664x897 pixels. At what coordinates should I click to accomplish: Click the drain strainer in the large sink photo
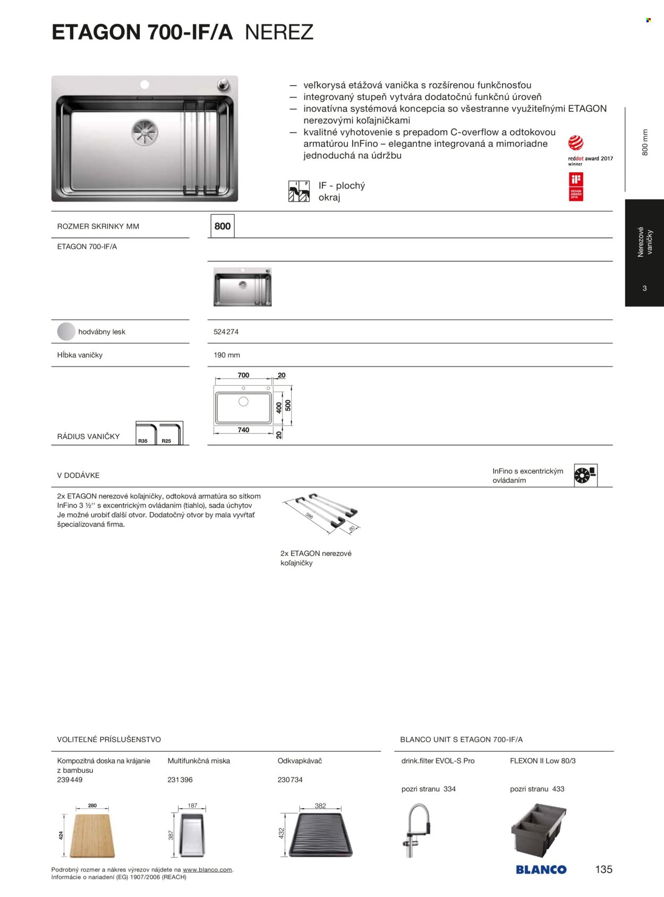tap(145, 131)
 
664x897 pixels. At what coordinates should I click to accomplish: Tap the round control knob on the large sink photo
tap(223, 84)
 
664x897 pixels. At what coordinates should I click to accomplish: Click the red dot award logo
tap(576, 143)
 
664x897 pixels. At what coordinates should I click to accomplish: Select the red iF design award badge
tap(576, 187)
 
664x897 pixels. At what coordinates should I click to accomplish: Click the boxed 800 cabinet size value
tap(222, 226)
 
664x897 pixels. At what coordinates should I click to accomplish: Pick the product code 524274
tap(226, 332)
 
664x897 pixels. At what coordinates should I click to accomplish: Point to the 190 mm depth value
tap(227, 355)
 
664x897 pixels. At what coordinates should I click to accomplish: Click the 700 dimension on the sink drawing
tap(243, 375)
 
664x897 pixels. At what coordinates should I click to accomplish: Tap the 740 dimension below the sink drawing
tap(243, 430)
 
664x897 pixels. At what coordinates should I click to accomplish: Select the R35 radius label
tap(143, 441)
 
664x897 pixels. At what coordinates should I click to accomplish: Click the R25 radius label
tap(166, 441)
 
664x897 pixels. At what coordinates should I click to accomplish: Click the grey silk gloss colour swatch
tap(66, 332)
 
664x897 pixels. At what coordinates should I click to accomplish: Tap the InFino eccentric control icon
tap(585, 475)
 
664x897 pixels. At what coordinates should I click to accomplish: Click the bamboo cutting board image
tap(92, 835)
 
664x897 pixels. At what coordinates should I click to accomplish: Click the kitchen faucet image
tap(416, 830)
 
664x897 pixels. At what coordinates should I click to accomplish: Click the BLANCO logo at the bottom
tap(541, 869)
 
